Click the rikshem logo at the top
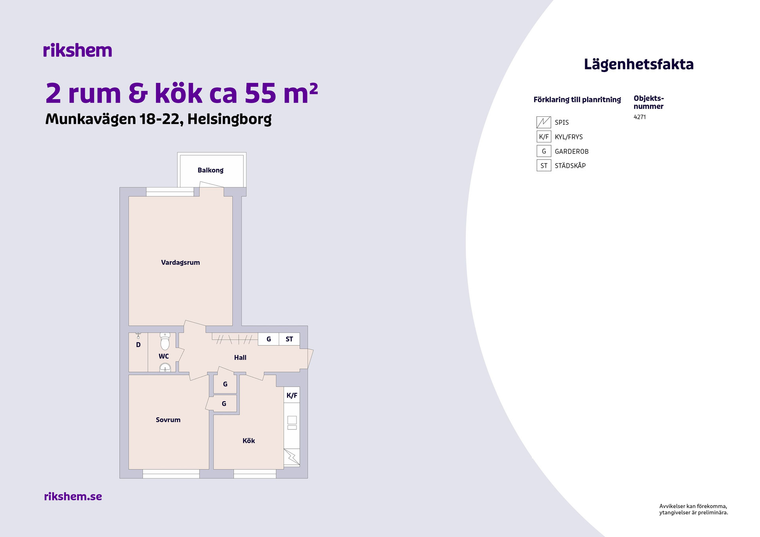click(x=78, y=50)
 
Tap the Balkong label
click(x=211, y=170)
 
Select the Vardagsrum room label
click(x=180, y=262)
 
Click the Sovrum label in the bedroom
click(x=168, y=420)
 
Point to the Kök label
click(x=249, y=440)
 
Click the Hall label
click(x=240, y=357)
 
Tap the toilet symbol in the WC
click(x=165, y=341)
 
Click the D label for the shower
click(x=138, y=345)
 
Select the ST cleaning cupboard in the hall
click(x=289, y=339)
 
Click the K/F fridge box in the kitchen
click(x=292, y=395)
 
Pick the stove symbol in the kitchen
click(x=292, y=457)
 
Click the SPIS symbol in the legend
click(x=543, y=122)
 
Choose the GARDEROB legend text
click(x=572, y=152)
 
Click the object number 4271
click(x=640, y=117)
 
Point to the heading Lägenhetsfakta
click(x=639, y=65)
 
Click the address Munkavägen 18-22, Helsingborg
click(x=159, y=119)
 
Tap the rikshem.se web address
click(x=73, y=496)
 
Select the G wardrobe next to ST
click(x=268, y=339)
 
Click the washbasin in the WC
click(x=165, y=368)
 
